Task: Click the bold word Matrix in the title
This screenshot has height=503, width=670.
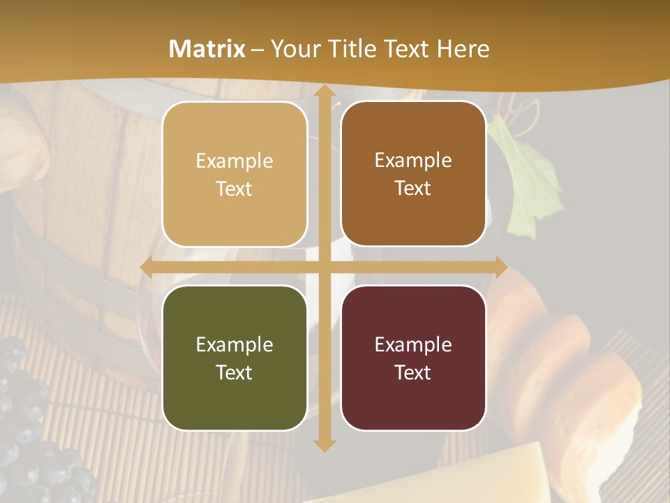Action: coord(207,49)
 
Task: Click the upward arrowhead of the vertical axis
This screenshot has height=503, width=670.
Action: coord(324,92)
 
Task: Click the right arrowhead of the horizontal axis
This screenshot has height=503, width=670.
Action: coord(500,268)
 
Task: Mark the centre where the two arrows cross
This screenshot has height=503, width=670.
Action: coord(324,268)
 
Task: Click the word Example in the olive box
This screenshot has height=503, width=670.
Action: coord(234,345)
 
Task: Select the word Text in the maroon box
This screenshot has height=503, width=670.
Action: coord(413,372)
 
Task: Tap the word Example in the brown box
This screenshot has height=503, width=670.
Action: coord(413,161)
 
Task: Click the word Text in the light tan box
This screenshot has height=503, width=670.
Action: coord(234,189)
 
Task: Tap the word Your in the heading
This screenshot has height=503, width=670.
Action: coord(291,49)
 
